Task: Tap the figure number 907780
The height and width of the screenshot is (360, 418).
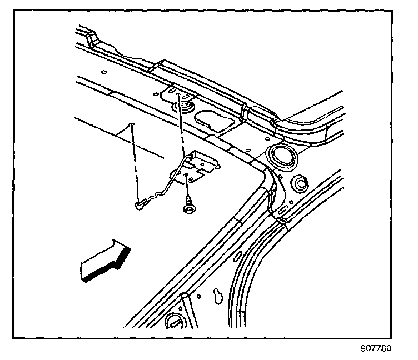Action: pos(376,349)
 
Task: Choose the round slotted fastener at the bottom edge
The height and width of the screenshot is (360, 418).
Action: pos(174,321)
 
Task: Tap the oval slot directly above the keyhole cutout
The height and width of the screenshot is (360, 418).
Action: pos(238,256)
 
